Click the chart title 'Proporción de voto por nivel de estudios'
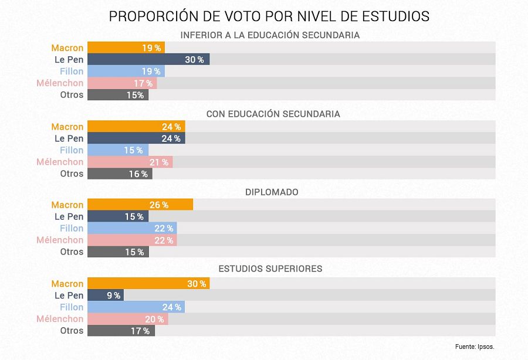pos(269,16)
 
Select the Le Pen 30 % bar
pos(148,59)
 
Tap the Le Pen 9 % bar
pos(106,296)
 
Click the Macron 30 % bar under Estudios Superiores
pos(148,284)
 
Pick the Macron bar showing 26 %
pos(140,205)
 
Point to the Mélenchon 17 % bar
pos(122,83)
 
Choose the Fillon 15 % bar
pos(118,150)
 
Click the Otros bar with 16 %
pos(120,174)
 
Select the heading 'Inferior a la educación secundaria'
pos(270,35)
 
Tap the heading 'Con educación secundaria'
pos(273,114)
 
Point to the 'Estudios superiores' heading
pos(270,269)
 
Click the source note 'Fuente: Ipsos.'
pos(478,347)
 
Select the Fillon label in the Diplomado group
pos(72,228)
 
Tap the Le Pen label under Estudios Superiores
pos(69,296)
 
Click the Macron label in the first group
pos(67,47)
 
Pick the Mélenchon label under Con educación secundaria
pos(60,162)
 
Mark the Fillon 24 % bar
pos(136,307)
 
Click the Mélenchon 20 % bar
pos(128,319)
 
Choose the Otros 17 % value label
pos(140,331)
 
